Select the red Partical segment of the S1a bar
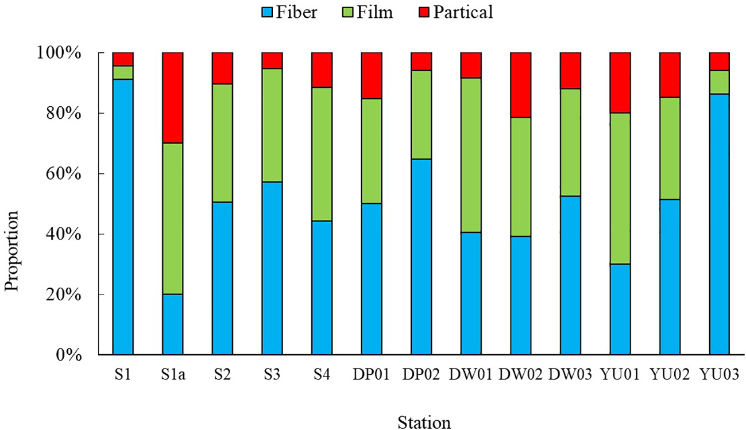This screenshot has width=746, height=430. coord(172,98)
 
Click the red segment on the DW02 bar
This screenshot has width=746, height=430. coord(521,85)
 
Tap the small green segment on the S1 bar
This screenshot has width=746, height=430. coord(123,72)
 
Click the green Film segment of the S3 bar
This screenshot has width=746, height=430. coord(272,125)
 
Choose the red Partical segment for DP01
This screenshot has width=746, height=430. coord(372,76)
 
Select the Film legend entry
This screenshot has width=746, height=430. coord(365,13)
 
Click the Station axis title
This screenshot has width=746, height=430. coord(424,422)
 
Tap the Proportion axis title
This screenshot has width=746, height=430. coord(13,250)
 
